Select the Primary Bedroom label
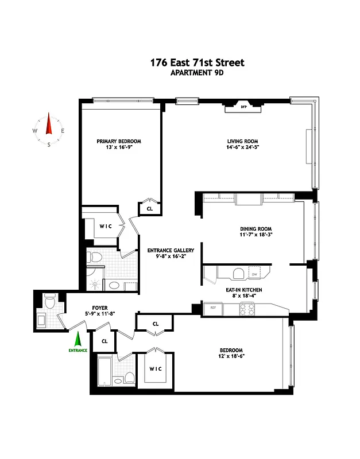coord(119,141)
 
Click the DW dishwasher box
coord(254,274)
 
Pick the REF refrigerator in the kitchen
coord(212,308)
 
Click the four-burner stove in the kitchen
coord(247,309)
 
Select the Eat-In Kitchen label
coord(243,290)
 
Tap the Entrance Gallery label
coord(171,251)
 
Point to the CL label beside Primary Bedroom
coord(150,209)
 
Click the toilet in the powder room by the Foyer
coord(50,299)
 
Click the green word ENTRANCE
coord(78,350)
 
